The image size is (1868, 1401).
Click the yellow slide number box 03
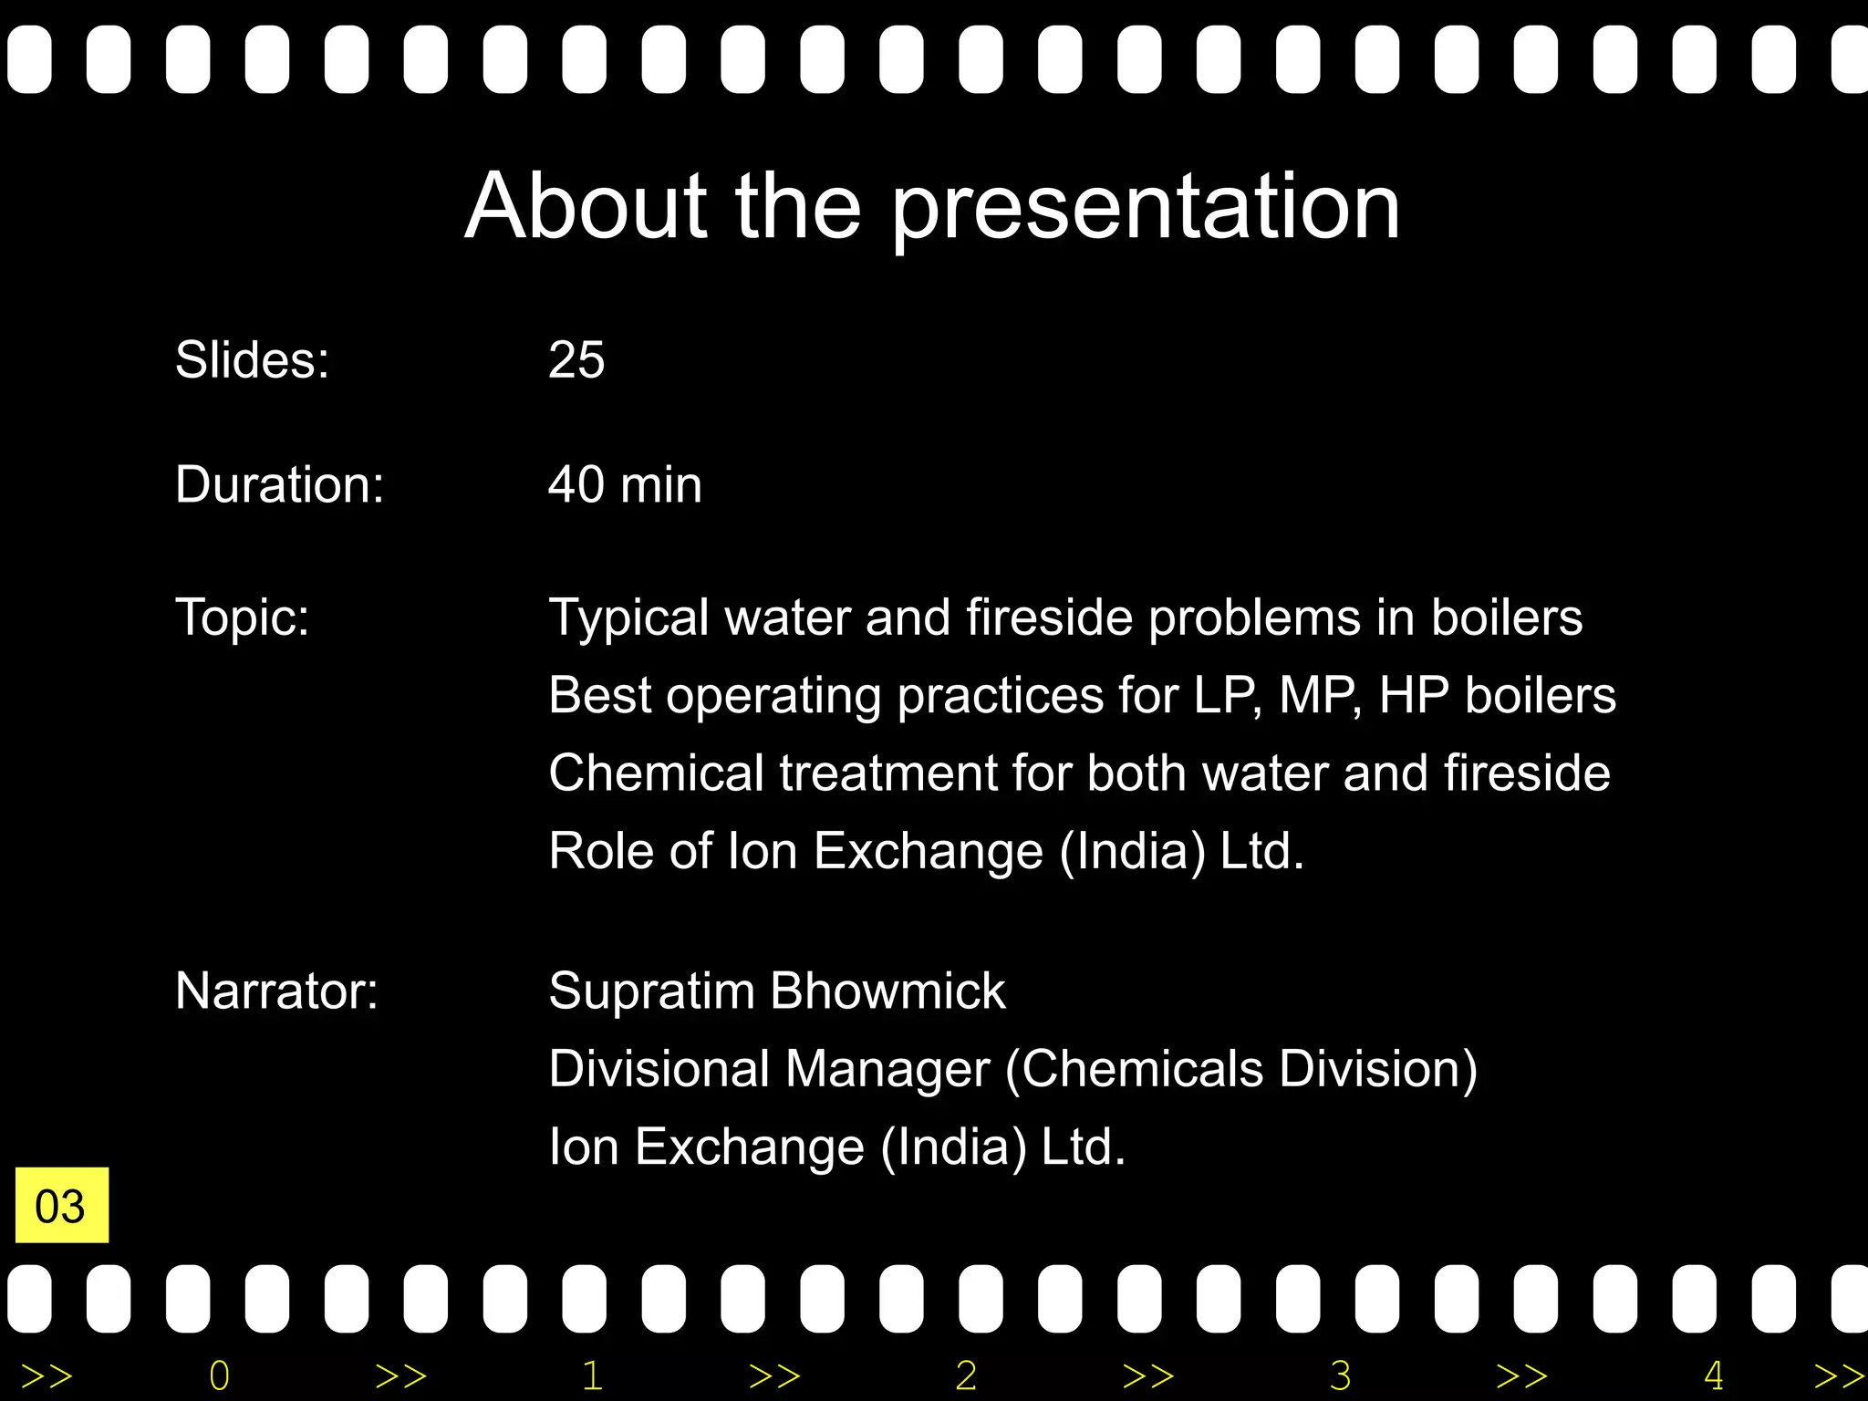tap(61, 1205)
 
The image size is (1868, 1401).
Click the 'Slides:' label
tap(252, 359)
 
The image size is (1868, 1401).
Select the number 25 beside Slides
tap(576, 359)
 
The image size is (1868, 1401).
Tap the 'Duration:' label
tap(279, 484)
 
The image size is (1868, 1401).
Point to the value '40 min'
tap(625, 484)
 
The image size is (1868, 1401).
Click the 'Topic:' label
tap(242, 617)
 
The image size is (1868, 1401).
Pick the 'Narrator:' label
tap(276, 991)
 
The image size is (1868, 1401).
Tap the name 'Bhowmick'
tap(887, 991)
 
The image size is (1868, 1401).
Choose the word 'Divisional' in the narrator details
tap(659, 1068)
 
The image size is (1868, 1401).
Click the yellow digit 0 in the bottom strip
tap(219, 1375)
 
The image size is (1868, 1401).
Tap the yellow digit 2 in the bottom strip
tap(966, 1375)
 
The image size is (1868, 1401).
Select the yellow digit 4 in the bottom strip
tap(1713, 1375)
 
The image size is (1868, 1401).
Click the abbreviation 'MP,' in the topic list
tap(1320, 696)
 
